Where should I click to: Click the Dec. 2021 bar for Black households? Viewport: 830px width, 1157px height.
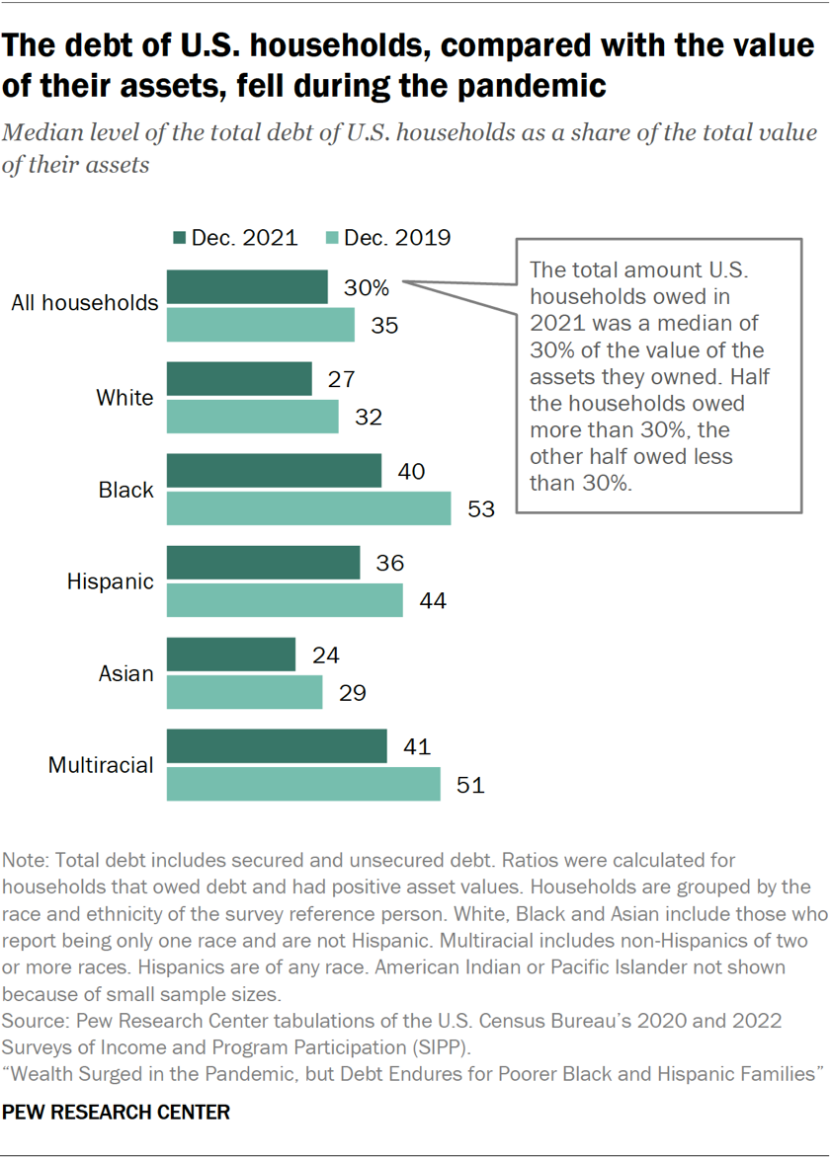[274, 471]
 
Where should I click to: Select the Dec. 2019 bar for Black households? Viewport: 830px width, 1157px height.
[308, 508]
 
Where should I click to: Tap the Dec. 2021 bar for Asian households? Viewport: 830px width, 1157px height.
[231, 655]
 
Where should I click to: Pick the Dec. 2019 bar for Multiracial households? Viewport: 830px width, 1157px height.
[303, 784]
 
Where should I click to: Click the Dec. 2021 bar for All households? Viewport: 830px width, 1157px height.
[247, 287]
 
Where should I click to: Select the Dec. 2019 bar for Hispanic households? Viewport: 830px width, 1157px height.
[285, 600]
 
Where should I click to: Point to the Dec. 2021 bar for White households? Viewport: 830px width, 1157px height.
[239, 379]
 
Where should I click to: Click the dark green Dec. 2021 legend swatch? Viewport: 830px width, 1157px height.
[179, 238]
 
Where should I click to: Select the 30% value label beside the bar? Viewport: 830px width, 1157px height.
[367, 287]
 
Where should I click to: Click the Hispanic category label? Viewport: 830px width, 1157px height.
[111, 581]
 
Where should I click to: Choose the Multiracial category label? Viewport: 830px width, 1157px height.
[102, 765]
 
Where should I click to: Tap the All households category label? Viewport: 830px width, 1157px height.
[85, 302]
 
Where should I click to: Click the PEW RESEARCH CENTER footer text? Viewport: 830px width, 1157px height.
[116, 1113]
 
